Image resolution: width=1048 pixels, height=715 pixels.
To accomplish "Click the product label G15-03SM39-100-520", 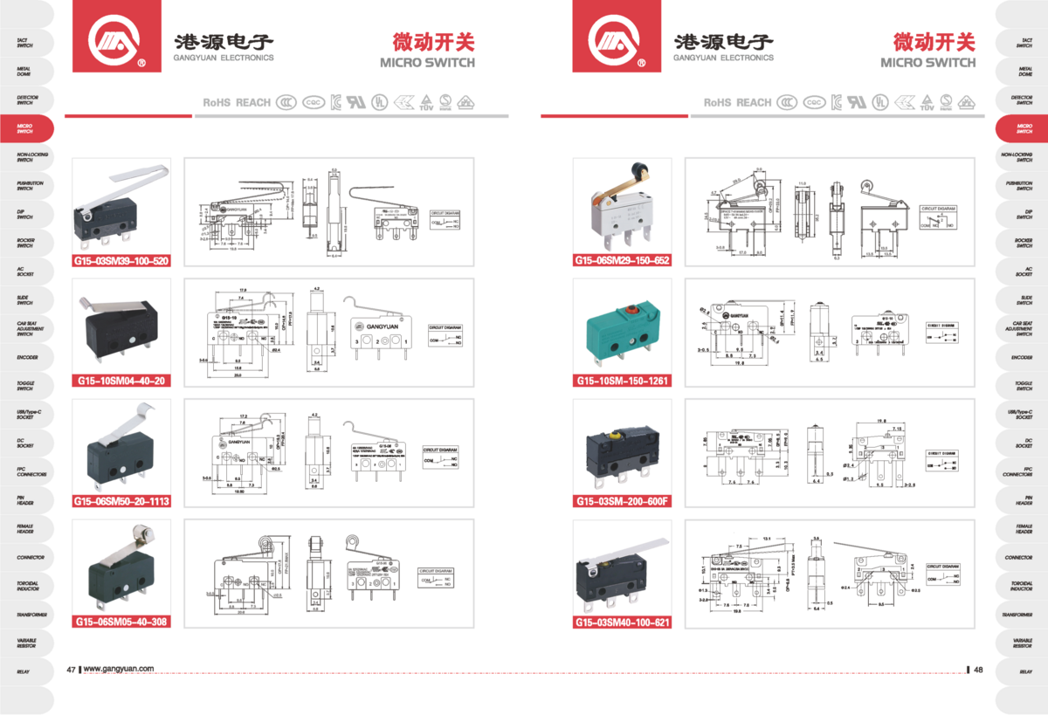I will pyautogui.click(x=121, y=260).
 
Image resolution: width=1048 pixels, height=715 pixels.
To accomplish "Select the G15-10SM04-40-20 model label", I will pyautogui.click(x=121, y=381).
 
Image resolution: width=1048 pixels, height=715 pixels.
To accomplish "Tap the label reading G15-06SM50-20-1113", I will pyautogui.click(x=121, y=501).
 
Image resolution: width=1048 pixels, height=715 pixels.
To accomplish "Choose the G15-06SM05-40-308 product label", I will pyautogui.click(x=121, y=622).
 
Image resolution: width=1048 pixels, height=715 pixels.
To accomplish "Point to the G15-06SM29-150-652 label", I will pyautogui.click(x=622, y=260).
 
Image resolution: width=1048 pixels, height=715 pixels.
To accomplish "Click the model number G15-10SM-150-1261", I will pyautogui.click(x=622, y=381).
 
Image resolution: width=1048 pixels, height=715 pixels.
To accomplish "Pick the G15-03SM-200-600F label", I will pyautogui.click(x=622, y=501).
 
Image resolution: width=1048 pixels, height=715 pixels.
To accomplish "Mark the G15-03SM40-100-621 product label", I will pyautogui.click(x=622, y=622).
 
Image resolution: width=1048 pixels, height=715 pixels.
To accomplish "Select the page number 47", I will pyautogui.click(x=71, y=670).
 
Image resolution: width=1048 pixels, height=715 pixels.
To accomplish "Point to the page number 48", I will pyautogui.click(x=978, y=670).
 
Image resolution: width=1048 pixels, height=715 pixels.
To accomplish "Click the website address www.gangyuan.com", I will pyautogui.click(x=119, y=670).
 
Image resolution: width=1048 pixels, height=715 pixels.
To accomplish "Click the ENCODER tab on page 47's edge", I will pyautogui.click(x=26, y=357).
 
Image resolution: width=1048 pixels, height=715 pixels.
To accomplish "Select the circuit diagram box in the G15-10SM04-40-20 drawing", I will pyautogui.click(x=445, y=333).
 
